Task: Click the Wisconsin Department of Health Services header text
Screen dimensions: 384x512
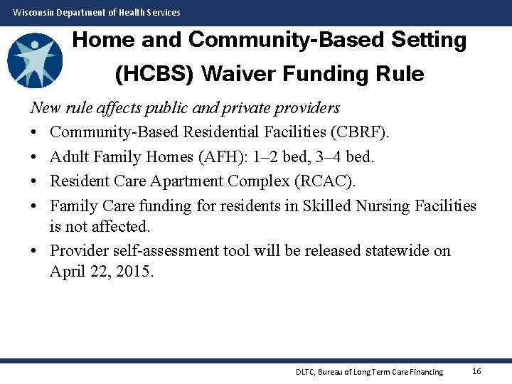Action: tap(97, 12)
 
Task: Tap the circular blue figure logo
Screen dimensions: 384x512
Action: tap(35, 60)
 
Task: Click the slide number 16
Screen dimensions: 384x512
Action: tap(476, 371)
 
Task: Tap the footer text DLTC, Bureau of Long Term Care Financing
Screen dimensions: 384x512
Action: tap(369, 372)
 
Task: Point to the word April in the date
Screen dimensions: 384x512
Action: tap(68, 271)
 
